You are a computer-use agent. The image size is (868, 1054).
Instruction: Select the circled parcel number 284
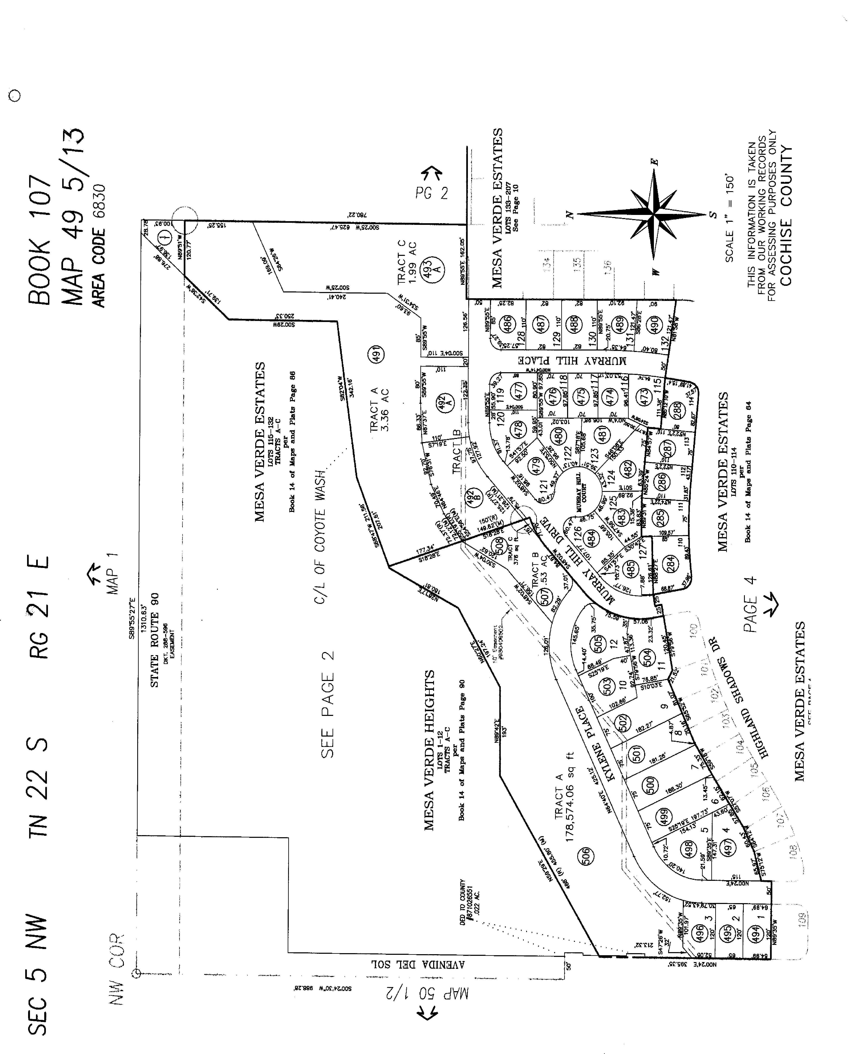point(671,564)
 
